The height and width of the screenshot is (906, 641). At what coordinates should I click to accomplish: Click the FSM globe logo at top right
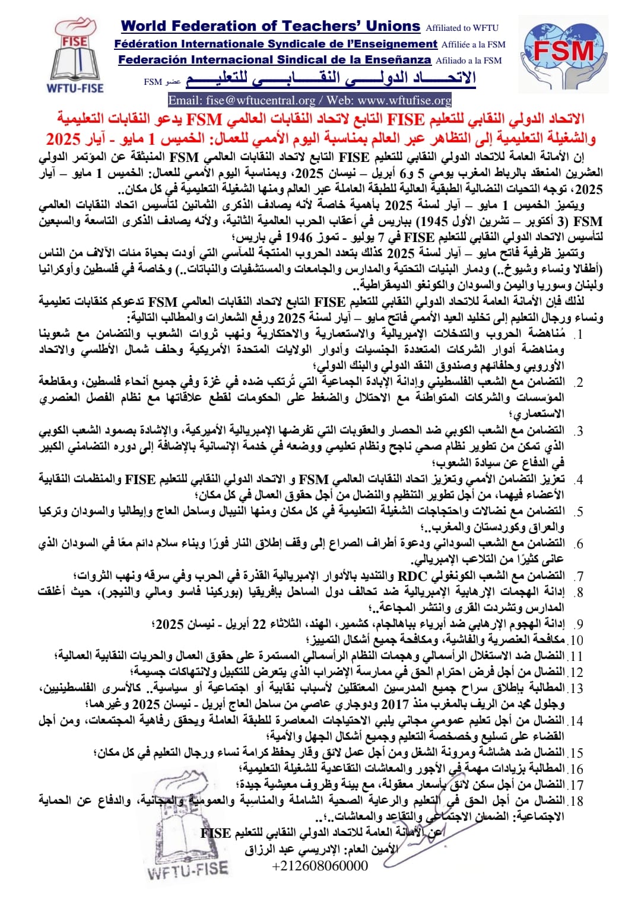pos(564,53)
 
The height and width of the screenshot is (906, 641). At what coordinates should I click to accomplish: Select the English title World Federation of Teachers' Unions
pos(270,27)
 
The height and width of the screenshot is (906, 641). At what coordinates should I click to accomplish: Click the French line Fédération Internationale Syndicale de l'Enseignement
pos(275,44)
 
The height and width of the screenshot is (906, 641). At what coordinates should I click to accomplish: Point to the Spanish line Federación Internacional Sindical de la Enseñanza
pos(274,60)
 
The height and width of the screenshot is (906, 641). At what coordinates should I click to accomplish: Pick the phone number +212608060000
pos(320,866)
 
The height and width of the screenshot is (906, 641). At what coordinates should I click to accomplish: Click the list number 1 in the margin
pos(579,335)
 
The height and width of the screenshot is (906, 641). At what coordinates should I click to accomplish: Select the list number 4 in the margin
pos(579,479)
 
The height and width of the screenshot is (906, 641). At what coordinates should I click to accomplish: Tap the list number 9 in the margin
pos(579,624)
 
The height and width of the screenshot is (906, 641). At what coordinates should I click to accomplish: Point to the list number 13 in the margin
pos(576,689)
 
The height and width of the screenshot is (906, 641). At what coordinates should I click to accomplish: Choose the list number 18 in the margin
pos(576,801)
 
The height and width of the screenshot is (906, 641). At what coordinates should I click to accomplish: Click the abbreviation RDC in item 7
pos(412,576)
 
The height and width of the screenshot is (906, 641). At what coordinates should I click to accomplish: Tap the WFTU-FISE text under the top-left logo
pos(75,88)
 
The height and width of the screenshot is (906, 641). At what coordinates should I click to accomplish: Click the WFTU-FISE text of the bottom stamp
pos(188,870)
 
